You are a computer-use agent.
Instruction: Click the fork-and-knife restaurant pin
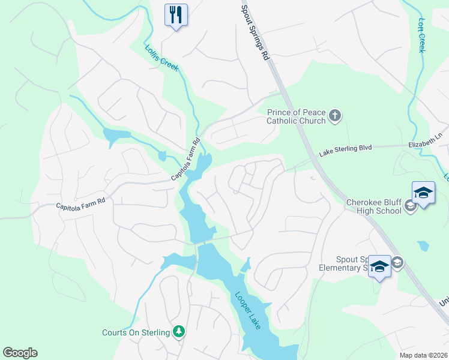point(176,14)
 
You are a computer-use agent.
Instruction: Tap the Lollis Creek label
point(161,58)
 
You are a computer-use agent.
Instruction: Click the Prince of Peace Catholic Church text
point(296,116)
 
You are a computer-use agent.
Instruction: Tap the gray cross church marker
point(335,116)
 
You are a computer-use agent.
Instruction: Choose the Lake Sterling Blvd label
point(346,150)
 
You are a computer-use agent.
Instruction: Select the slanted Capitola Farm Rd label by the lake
point(185,161)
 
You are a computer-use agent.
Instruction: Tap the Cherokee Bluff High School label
point(373,206)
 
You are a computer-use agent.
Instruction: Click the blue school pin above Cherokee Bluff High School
point(423,193)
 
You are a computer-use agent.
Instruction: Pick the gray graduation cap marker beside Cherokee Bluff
point(411,206)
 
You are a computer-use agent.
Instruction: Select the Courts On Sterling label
point(136,331)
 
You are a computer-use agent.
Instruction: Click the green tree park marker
point(178,331)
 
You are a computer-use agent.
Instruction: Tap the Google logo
point(20,353)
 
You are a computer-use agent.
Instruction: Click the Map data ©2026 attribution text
point(424,355)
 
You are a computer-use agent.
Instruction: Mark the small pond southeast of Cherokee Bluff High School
point(423,245)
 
